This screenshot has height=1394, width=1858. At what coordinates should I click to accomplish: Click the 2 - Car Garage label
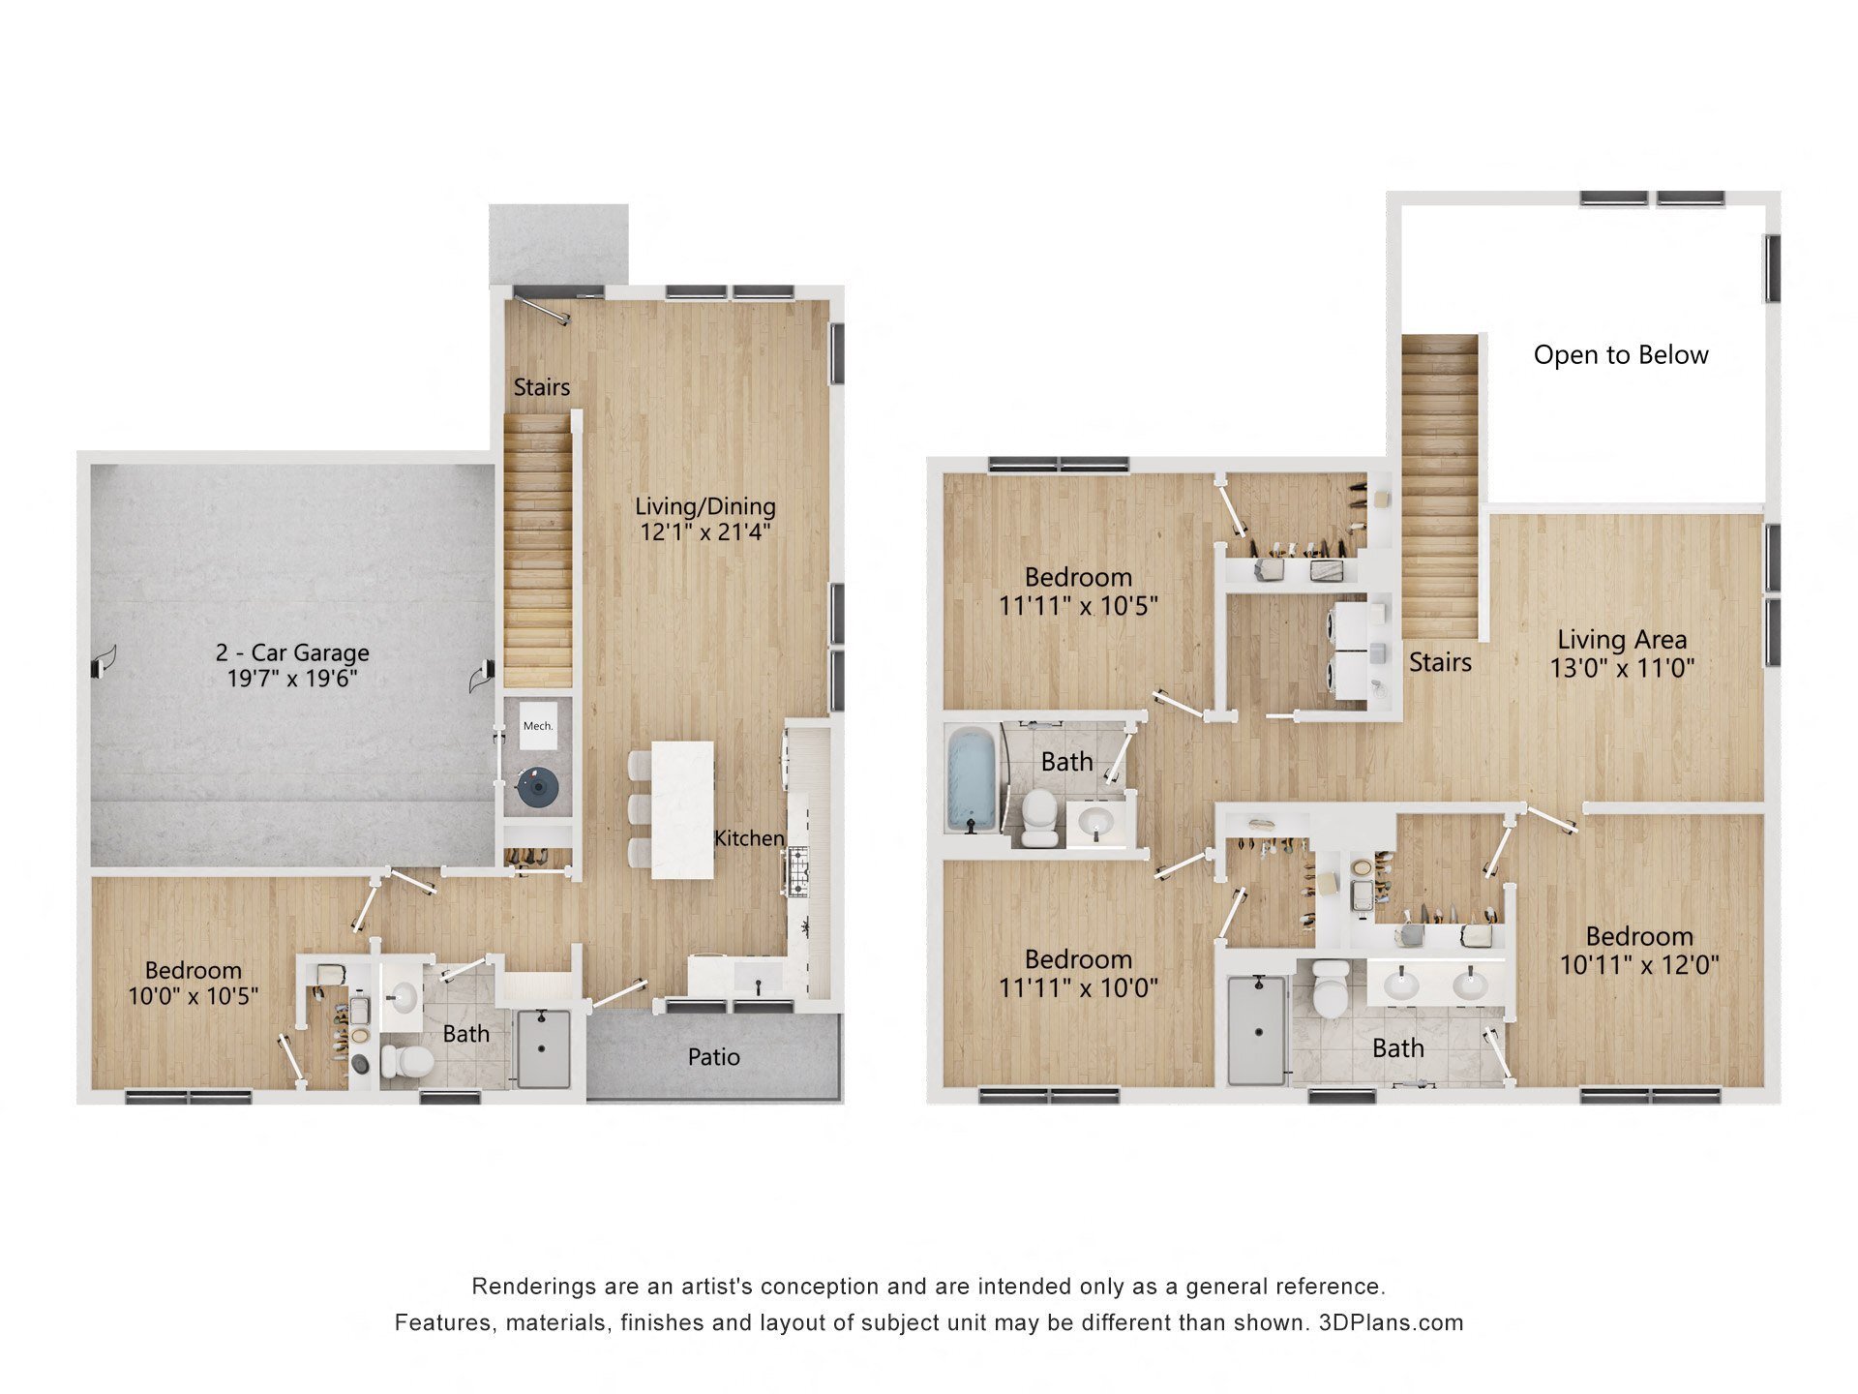(292, 652)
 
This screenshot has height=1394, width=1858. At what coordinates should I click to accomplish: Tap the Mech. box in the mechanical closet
(538, 726)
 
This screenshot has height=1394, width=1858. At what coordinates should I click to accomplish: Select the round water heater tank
(537, 787)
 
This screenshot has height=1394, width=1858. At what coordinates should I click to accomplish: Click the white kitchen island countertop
(682, 809)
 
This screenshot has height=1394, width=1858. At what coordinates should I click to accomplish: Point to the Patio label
(713, 1057)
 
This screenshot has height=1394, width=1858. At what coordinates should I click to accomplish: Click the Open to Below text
(1620, 355)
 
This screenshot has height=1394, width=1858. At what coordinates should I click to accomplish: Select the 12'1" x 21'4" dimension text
(704, 531)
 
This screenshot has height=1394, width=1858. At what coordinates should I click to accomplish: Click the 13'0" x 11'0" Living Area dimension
(1622, 668)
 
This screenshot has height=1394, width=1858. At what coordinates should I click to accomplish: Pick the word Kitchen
(748, 838)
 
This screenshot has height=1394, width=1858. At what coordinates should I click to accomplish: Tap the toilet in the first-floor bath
(405, 1061)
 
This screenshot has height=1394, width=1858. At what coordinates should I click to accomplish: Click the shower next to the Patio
(543, 1047)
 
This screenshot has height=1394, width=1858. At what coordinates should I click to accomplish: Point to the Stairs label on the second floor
(1439, 662)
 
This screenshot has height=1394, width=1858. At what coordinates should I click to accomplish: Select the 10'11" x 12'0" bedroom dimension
(1639, 964)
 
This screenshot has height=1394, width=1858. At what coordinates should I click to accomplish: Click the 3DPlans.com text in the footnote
(1391, 1322)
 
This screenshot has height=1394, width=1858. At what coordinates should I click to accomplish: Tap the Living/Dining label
(704, 505)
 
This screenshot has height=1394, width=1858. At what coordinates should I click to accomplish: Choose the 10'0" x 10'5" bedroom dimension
(194, 995)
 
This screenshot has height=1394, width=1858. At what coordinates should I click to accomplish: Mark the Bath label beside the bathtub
(1066, 762)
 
